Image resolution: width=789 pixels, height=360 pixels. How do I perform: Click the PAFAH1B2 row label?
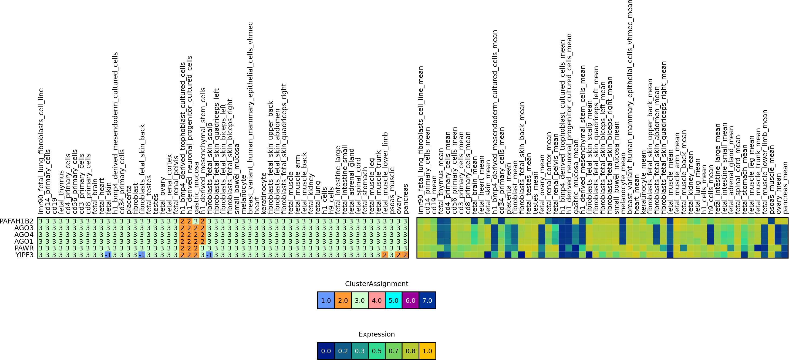point(16,221)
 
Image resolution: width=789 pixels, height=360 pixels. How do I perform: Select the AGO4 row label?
point(24,235)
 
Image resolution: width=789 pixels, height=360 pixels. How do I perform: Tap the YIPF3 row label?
point(25,255)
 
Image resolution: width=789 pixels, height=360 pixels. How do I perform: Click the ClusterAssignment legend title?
point(376,284)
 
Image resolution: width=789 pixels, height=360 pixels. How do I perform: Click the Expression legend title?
point(376,334)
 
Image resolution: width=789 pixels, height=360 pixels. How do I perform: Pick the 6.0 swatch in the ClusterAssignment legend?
point(410,300)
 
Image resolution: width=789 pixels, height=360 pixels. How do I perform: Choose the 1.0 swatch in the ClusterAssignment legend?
point(326,300)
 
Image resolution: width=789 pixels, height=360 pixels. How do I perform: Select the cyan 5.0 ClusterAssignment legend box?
point(394,300)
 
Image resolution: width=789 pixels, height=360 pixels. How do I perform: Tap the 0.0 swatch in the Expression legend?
point(326,351)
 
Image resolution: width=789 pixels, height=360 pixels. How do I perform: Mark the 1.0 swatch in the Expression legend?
point(427,351)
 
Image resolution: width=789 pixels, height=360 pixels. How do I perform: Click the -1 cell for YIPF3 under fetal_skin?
point(108,255)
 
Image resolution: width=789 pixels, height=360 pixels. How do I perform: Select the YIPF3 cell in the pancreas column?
point(405,255)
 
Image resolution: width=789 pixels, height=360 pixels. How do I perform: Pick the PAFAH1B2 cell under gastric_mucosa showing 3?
point(196,221)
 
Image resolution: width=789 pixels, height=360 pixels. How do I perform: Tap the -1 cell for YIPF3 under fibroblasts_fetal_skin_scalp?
point(209,255)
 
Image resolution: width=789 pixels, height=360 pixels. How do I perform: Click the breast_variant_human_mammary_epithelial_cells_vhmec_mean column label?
point(630,107)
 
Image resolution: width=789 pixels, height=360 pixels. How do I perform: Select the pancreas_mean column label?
point(785,188)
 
